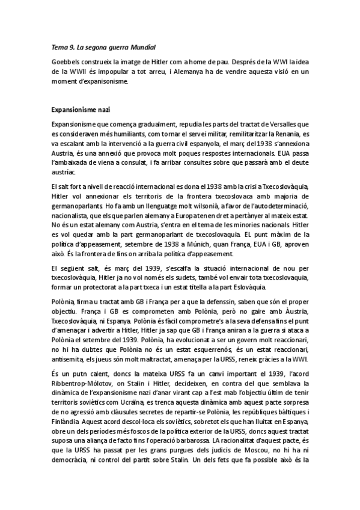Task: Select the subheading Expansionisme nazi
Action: (80, 111)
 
